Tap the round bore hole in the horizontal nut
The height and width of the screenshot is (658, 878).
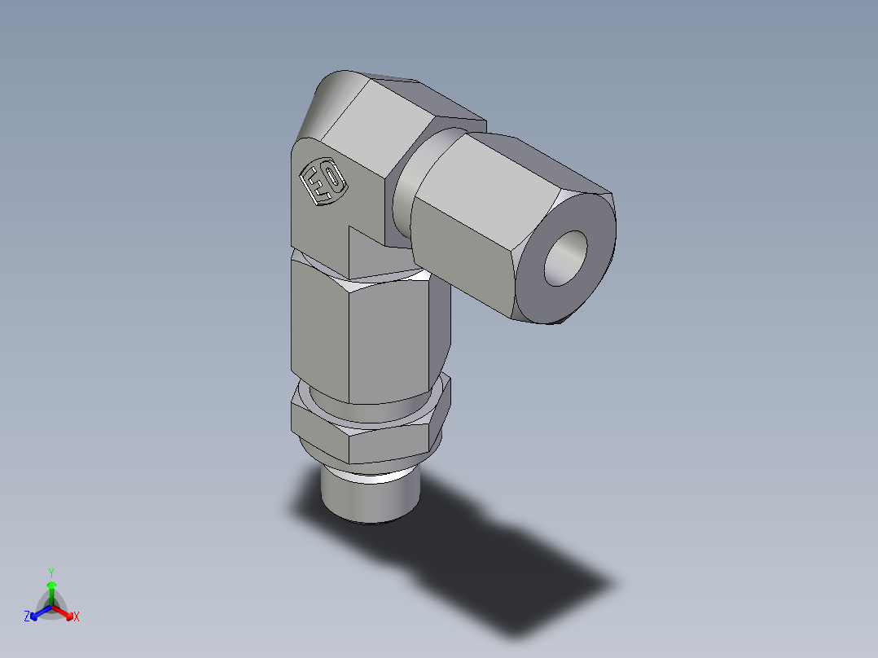click(565, 258)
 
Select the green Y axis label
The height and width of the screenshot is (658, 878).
click(50, 572)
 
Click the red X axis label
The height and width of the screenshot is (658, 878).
click(77, 617)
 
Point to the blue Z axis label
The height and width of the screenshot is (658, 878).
click(27, 617)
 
